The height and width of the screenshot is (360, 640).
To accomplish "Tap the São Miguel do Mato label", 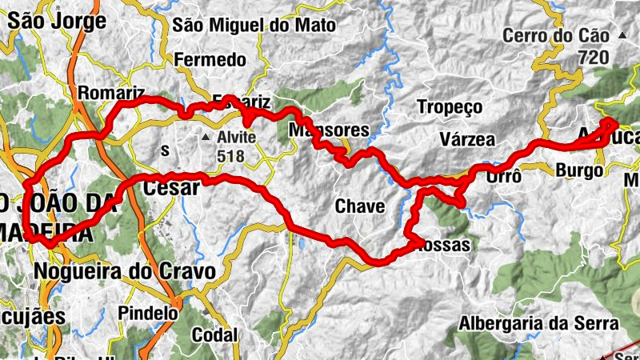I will tap(254, 25).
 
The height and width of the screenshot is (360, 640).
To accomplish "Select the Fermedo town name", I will tap(210, 60).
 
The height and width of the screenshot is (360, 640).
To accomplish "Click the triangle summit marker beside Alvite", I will tap(206, 138).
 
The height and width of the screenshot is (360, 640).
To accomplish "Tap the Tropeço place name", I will tap(450, 106).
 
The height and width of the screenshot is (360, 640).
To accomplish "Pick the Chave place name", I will tap(360, 206).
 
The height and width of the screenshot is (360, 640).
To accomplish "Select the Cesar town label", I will tap(170, 189).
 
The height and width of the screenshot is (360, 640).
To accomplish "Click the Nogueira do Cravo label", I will tap(125, 272).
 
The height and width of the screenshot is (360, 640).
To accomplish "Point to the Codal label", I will tap(214, 334).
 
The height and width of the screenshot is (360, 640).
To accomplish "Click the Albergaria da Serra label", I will tap(539, 323).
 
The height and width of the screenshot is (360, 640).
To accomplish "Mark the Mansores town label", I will tap(329, 130).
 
